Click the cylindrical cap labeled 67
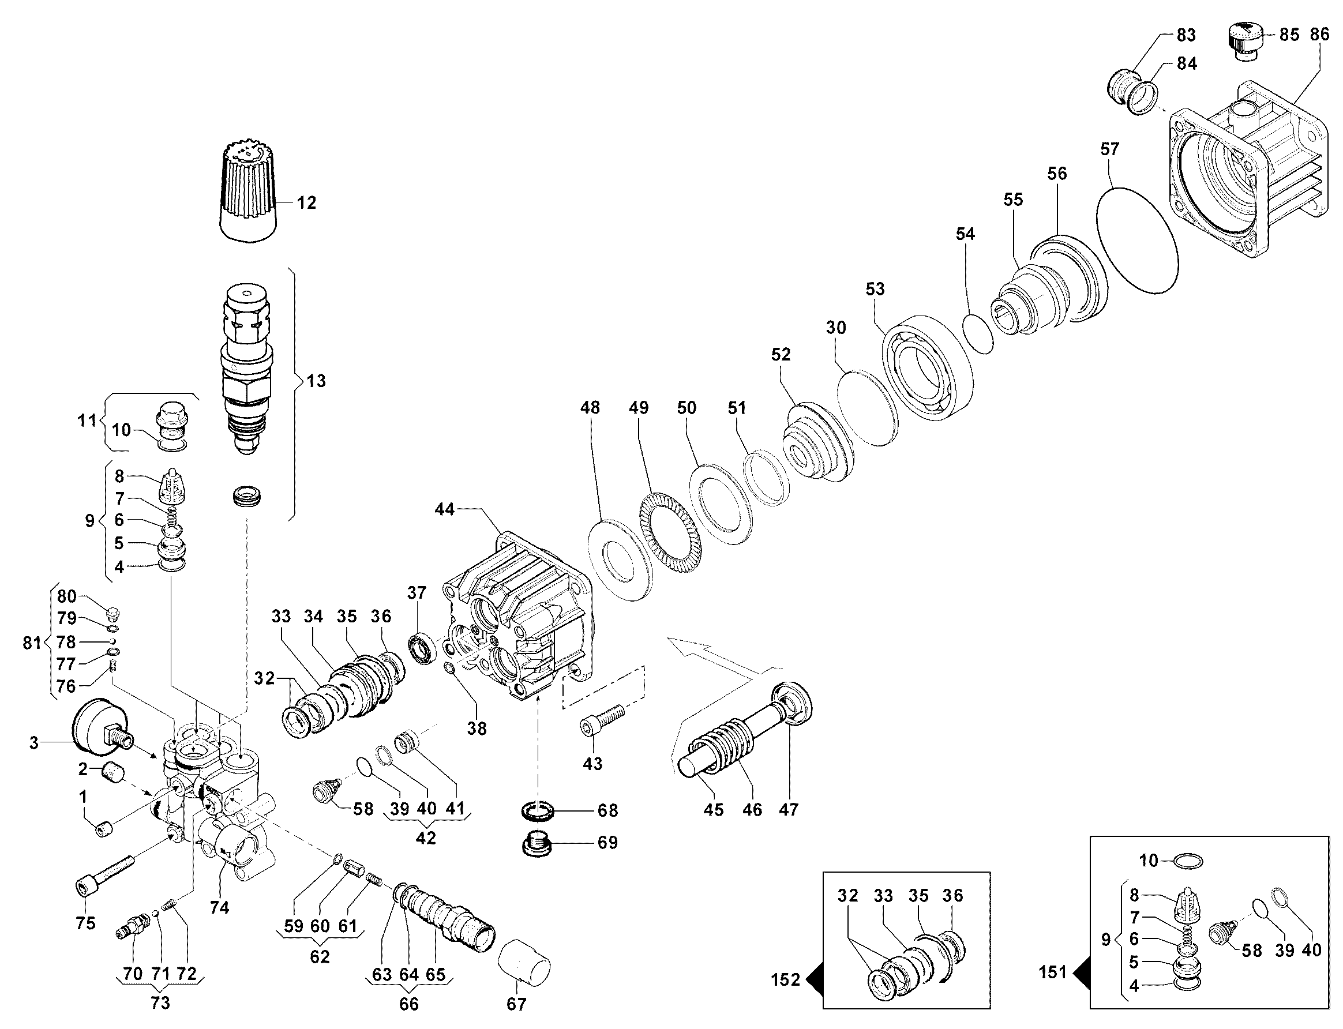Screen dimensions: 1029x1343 524,964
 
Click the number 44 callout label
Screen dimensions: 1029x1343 445,509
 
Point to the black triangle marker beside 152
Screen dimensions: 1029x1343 814,979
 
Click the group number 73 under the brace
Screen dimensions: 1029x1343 160,1002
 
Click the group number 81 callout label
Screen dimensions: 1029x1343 32,643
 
